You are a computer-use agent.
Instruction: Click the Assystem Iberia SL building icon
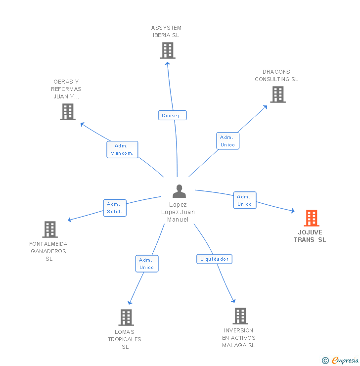point(168,50)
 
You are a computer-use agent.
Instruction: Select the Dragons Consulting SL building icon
point(278,94)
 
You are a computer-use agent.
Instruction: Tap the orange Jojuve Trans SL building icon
point(312,218)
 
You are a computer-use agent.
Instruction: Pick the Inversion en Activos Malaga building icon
point(240,316)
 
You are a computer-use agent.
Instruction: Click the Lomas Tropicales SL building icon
point(126,317)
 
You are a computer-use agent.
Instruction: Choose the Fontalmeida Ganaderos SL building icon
point(50,229)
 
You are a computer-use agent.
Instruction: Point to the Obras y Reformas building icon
point(68,112)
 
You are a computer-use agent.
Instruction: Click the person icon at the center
point(179,191)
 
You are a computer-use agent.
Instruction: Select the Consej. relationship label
point(173,115)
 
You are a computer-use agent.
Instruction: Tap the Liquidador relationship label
point(214,259)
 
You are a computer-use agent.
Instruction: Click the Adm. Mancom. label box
point(122,149)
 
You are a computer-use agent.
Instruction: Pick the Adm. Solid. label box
point(115,208)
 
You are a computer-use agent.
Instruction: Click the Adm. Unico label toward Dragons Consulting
point(228,141)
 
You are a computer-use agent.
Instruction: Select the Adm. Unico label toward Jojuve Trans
point(245,200)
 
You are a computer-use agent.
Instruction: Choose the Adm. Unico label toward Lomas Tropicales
point(147,264)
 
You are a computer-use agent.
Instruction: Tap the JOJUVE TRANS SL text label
point(310,236)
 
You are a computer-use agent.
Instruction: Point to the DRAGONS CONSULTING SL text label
point(276,75)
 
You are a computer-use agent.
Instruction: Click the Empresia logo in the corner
point(341,361)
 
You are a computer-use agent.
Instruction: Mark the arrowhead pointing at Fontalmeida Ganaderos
point(70,220)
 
